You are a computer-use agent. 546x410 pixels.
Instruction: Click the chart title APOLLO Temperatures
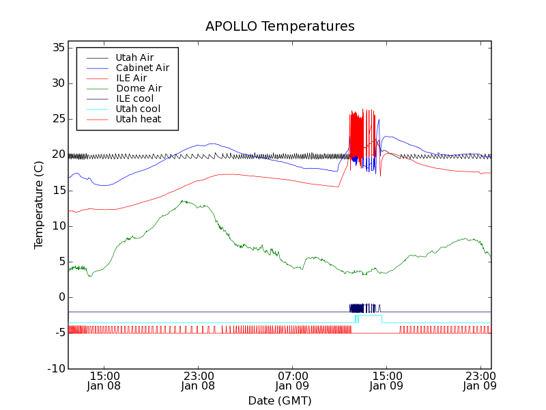click(280, 27)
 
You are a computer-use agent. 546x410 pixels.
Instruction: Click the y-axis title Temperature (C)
click(39, 204)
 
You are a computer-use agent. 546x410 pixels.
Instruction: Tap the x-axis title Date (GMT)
click(280, 400)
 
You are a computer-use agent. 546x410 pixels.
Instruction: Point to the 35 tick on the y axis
click(57, 48)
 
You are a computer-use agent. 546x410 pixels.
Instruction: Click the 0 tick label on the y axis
click(61, 297)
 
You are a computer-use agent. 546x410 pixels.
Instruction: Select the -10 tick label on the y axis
click(56, 369)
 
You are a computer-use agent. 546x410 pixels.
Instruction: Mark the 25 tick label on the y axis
click(57, 119)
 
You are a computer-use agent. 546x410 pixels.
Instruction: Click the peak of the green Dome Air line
click(183, 201)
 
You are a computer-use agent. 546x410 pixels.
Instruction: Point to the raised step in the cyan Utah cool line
click(369, 316)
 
